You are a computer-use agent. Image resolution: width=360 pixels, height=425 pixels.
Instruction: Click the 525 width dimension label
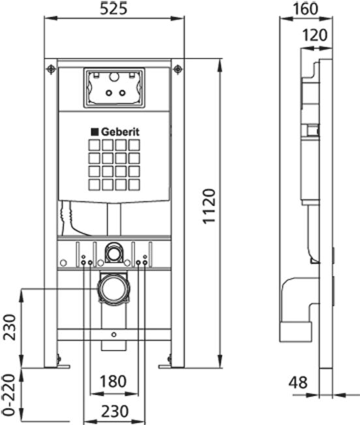(113, 8)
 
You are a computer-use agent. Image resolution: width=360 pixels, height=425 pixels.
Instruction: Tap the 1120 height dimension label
(209, 206)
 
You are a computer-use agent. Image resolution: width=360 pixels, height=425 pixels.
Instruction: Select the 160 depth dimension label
(305, 8)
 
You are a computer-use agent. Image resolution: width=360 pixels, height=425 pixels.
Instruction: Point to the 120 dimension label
(314, 35)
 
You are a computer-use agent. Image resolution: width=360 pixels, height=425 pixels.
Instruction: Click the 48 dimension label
(298, 383)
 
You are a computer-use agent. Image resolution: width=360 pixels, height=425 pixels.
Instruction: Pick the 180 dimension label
(113, 381)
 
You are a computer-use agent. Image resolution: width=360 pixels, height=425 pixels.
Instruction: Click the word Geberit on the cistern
(120, 132)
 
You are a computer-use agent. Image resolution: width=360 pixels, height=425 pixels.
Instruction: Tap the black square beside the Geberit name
(95, 132)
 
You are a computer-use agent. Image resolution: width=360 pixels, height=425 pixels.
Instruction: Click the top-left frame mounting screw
(51, 69)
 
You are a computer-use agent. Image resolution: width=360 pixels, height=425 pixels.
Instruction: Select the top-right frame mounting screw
(177, 69)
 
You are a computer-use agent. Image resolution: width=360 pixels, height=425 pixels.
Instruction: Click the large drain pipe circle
(114, 289)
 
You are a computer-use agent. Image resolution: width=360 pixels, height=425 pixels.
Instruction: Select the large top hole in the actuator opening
(114, 77)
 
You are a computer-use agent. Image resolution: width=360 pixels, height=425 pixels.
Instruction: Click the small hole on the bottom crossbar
(114, 335)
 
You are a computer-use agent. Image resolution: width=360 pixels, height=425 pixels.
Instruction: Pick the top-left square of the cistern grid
(94, 145)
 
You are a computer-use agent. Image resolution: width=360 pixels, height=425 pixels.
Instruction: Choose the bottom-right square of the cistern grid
(134, 184)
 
